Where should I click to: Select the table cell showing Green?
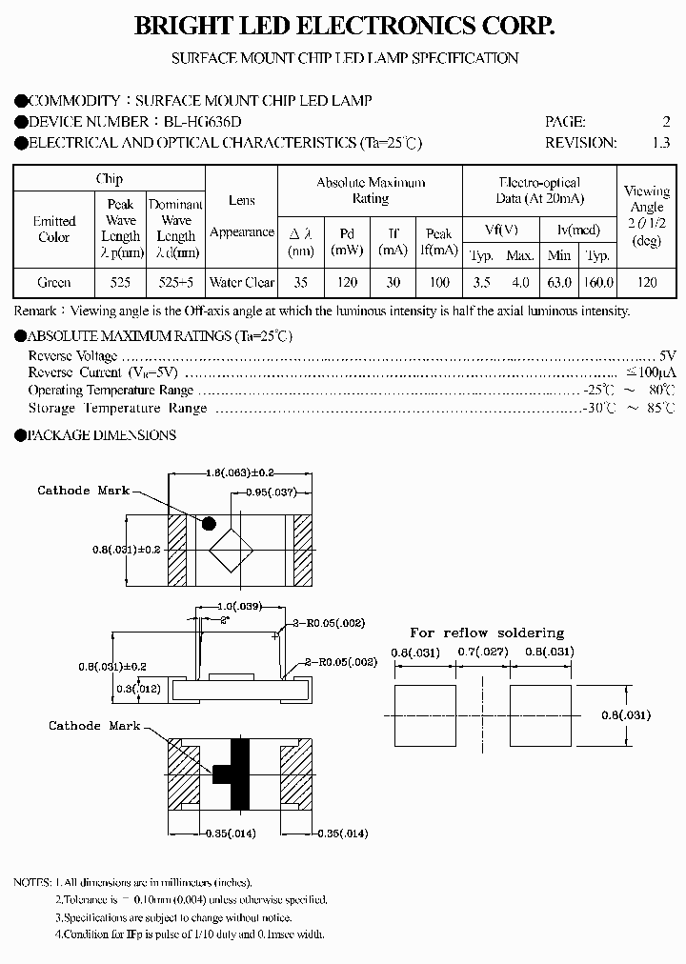tap(53, 283)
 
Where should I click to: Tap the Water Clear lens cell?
tap(242, 283)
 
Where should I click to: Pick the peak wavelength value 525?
tap(121, 283)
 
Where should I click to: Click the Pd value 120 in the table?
tap(347, 283)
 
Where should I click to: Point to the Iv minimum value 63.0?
tap(559, 283)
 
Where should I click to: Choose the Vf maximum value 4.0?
tap(520, 283)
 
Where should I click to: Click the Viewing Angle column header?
tap(647, 216)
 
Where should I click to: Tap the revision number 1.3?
tap(660, 143)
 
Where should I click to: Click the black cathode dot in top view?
tap(208, 523)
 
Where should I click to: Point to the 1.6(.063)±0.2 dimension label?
tap(241, 472)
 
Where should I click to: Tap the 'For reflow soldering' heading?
tap(487, 633)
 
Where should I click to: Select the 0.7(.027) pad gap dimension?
tap(485, 653)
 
